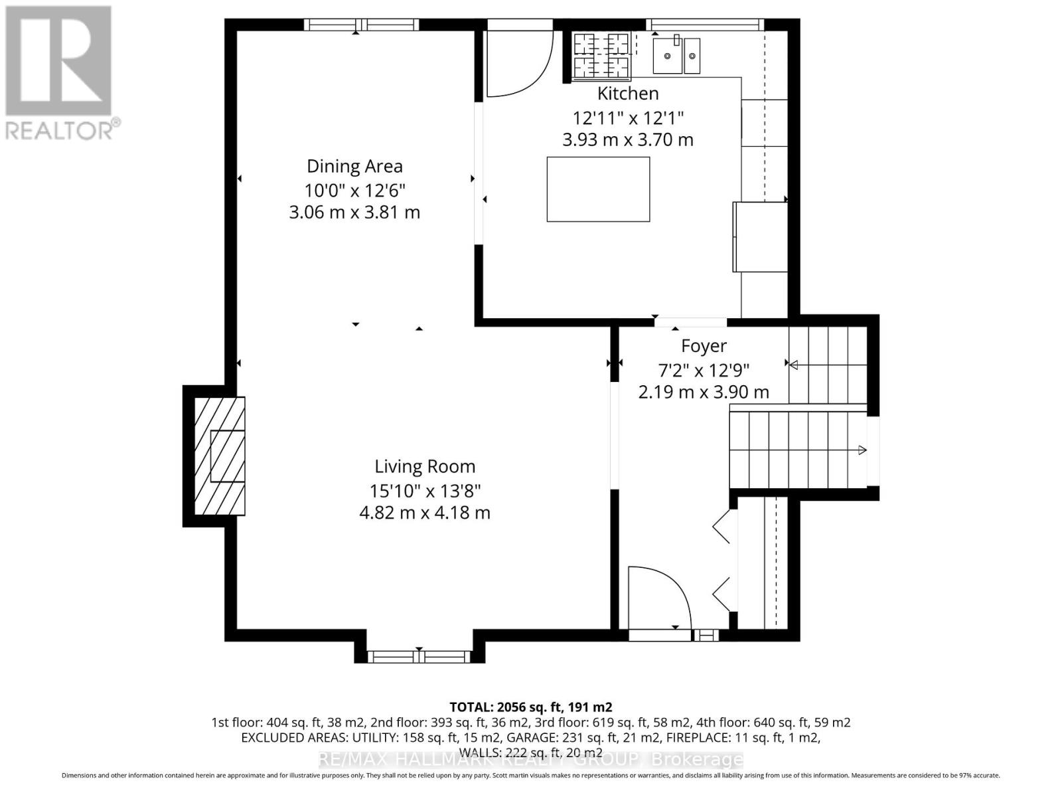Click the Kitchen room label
pyautogui.click(x=628, y=93)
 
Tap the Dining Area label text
pyautogui.click(x=354, y=166)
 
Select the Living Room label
pyautogui.click(x=425, y=467)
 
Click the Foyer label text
pyautogui.click(x=704, y=346)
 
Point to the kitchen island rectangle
pyautogui.click(x=598, y=189)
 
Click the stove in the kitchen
pyautogui.click(x=601, y=55)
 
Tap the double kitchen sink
pyautogui.click(x=676, y=55)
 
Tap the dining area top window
pyautogui.click(x=362, y=25)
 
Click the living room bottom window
pyautogui.click(x=419, y=657)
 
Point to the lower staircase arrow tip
pyautogui.click(x=862, y=450)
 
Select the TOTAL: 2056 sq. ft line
pyautogui.click(x=531, y=707)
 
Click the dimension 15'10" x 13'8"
pyautogui.click(x=425, y=491)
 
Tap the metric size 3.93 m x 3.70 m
pyautogui.click(x=628, y=140)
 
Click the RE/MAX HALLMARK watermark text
pyautogui.click(x=531, y=759)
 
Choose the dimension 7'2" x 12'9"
pyautogui.click(x=704, y=369)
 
